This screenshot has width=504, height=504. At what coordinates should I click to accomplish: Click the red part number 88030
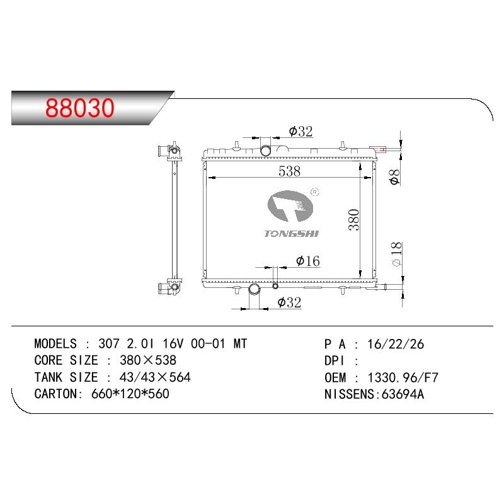(80, 108)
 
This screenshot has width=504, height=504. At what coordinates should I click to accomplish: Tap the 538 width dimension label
(289, 171)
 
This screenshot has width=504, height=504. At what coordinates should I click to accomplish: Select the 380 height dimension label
(354, 219)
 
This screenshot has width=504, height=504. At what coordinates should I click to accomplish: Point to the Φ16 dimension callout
(308, 261)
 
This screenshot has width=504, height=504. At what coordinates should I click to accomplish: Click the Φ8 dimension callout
(394, 177)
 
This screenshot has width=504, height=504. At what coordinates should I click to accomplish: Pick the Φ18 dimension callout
(397, 254)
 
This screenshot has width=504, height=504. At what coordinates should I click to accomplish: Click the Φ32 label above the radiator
(301, 131)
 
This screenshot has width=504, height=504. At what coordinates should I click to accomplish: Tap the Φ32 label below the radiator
(289, 302)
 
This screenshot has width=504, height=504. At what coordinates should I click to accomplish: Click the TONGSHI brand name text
(291, 234)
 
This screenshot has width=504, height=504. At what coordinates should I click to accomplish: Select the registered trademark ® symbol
(314, 192)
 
